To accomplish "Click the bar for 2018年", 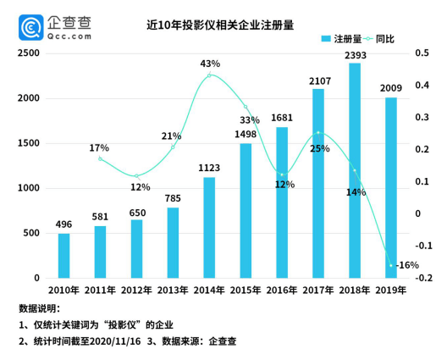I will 354,170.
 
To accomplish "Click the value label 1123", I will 209,169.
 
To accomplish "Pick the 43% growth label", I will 210,64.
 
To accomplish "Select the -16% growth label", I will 407,265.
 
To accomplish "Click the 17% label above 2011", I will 98,149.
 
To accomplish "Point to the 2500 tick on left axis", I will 29,53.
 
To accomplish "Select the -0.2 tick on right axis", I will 425,279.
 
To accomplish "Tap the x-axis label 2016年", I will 281,291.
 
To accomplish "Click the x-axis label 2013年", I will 173,291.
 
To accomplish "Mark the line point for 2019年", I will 391,265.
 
